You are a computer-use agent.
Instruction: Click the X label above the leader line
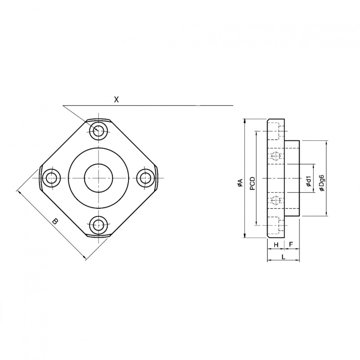(x=117, y=100)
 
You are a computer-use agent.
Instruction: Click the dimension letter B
(x=55, y=221)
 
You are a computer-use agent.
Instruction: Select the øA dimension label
(x=240, y=183)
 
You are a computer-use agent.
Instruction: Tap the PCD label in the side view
(x=252, y=183)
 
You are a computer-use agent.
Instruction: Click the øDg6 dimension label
(x=321, y=183)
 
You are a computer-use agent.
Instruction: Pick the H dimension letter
(x=276, y=244)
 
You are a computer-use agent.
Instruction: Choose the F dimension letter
(x=291, y=244)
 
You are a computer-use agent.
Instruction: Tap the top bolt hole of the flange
(x=99, y=130)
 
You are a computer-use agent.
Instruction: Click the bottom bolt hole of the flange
(x=99, y=225)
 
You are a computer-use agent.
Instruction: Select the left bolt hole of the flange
(x=51, y=178)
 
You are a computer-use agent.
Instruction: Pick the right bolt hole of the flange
(x=146, y=178)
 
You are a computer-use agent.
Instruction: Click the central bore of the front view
(x=98, y=178)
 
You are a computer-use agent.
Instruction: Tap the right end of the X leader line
(x=232, y=106)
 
